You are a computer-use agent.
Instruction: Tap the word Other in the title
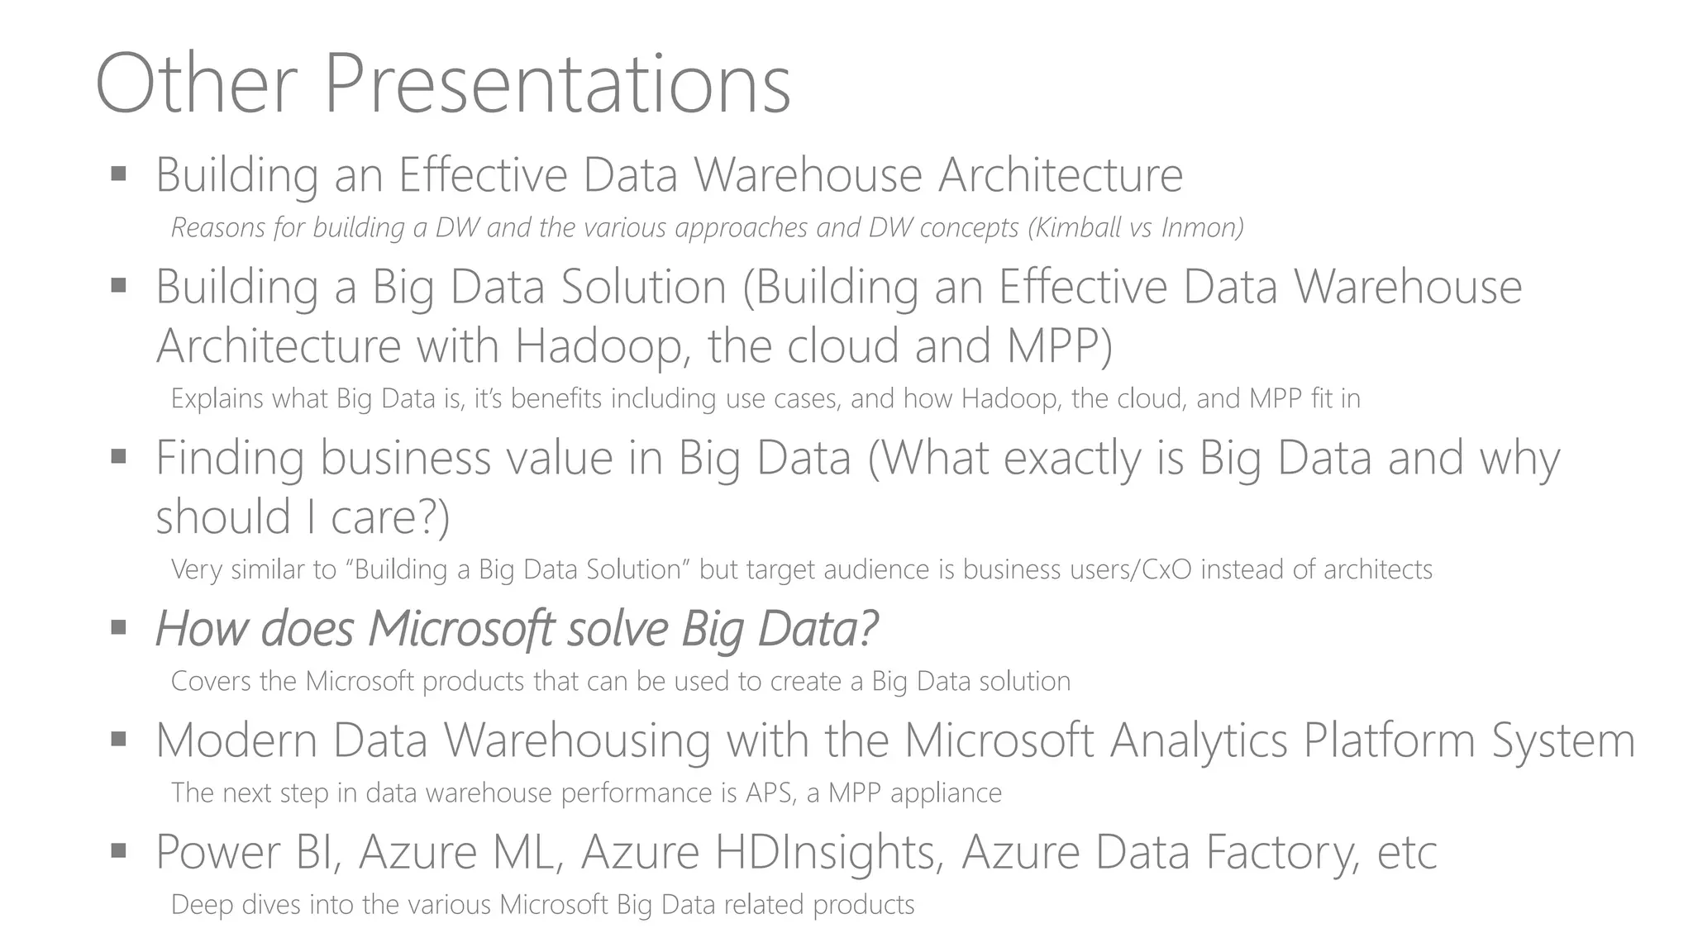(x=196, y=84)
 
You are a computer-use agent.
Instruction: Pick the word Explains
(x=217, y=399)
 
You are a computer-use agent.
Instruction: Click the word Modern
(x=236, y=740)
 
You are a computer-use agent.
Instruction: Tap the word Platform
(x=1390, y=740)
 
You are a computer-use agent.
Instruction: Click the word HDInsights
(x=829, y=853)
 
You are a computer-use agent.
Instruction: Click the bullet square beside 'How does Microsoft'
(x=118, y=627)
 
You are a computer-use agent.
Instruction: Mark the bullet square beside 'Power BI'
(x=118, y=850)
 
